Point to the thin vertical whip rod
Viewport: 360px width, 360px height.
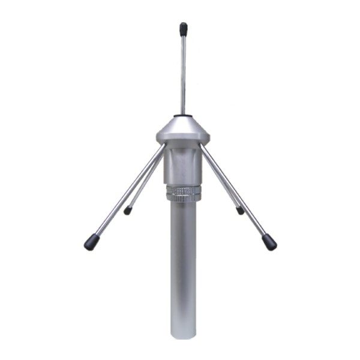tap(183, 72)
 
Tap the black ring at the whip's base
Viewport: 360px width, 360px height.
tap(183, 115)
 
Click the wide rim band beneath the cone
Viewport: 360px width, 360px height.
tap(183, 139)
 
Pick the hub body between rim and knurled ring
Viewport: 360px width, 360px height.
tap(183, 165)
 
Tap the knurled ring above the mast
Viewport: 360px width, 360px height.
tap(183, 192)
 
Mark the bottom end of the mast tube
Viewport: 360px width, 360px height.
tap(183, 336)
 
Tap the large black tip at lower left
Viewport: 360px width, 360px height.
tap(91, 242)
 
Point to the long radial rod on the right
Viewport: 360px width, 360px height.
tap(237, 192)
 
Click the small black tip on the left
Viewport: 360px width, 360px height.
tap(127, 211)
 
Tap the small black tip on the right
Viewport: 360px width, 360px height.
tap(240, 210)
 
